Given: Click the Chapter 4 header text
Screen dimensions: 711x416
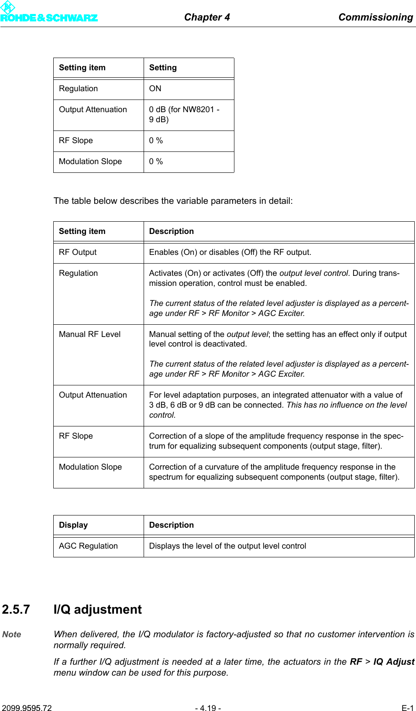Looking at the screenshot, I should click(206, 17).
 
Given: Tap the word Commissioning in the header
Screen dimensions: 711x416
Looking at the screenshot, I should click(375, 17).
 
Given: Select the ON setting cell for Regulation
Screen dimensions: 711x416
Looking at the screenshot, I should click(155, 89).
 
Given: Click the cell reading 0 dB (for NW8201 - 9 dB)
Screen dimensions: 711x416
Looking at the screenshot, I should click(184, 114).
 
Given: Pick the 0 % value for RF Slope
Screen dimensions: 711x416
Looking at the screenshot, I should click(156, 141).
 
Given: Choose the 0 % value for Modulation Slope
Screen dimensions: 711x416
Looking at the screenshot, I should click(156, 161).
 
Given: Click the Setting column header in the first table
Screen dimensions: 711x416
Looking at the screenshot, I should click(163, 68).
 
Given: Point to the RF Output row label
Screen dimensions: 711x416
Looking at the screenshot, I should click(78, 252).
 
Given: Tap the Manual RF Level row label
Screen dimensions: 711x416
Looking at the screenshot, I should click(89, 334).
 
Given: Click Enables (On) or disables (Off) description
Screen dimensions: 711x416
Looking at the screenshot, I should click(230, 252).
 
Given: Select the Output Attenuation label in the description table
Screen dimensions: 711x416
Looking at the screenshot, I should click(93, 395).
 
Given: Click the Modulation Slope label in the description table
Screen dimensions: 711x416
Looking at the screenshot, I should click(90, 467).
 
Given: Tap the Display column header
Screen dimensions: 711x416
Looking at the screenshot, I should click(73, 525).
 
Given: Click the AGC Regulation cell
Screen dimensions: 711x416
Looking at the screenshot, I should click(88, 546).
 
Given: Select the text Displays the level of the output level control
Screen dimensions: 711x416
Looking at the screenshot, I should click(227, 546).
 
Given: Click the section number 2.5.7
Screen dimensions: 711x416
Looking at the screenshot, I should click(16, 609).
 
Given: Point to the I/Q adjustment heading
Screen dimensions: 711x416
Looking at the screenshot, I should click(97, 609).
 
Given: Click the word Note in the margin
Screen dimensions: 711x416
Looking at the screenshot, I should click(12, 635).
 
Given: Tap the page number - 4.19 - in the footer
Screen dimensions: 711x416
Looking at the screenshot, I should click(208, 708).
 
